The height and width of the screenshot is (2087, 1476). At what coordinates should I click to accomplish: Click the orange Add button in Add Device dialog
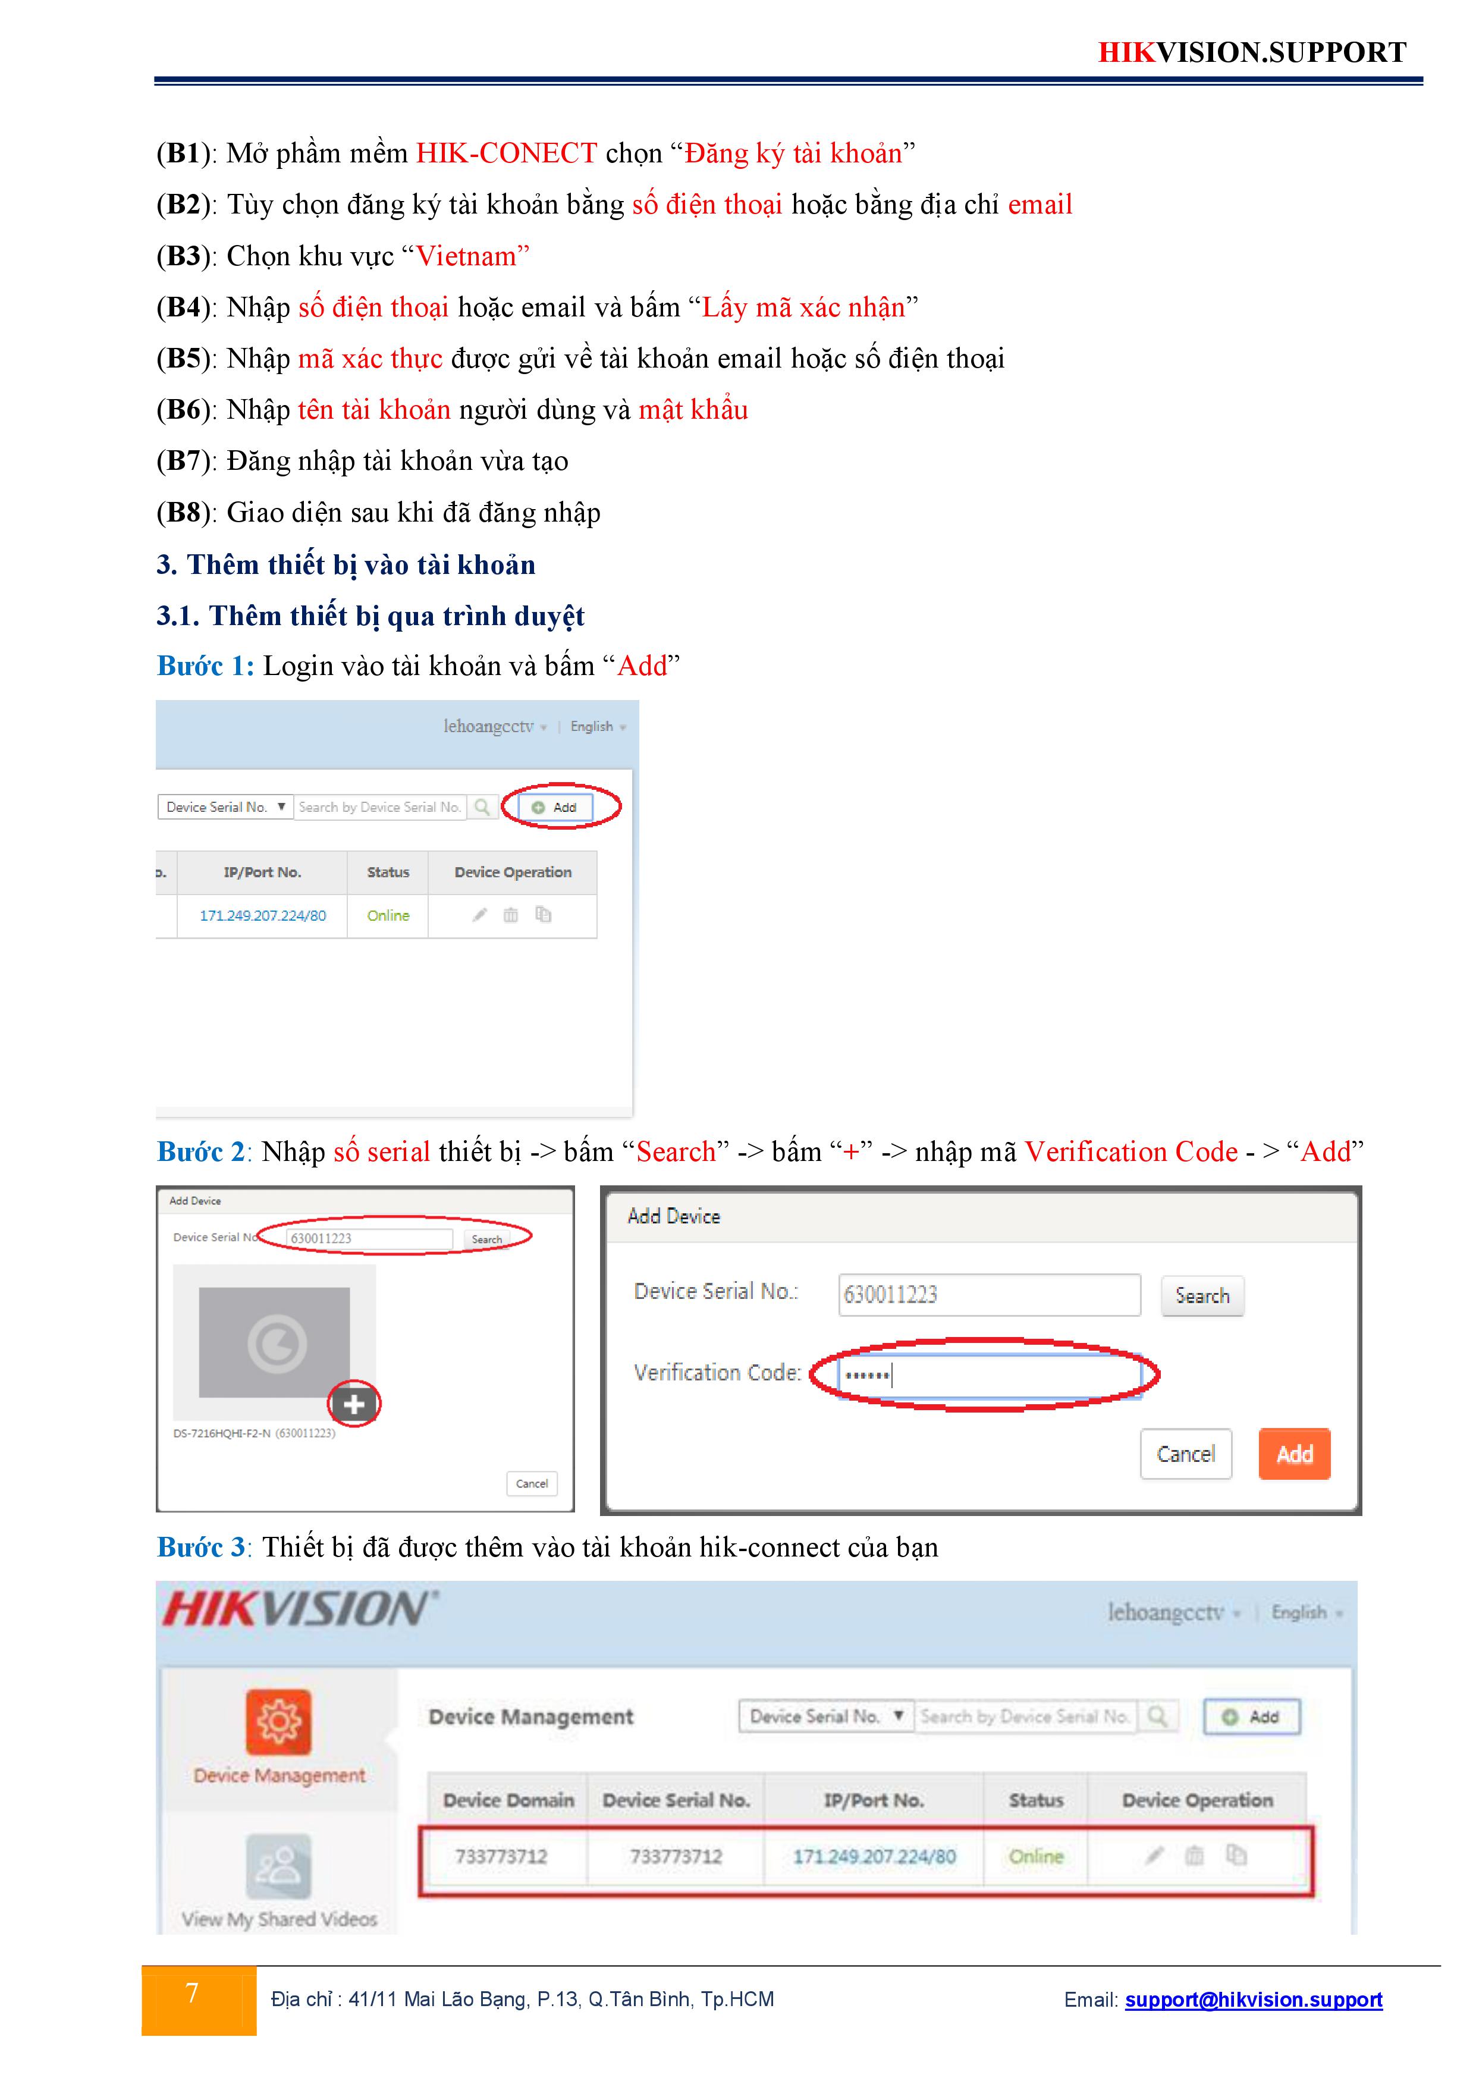pyautogui.click(x=1294, y=1454)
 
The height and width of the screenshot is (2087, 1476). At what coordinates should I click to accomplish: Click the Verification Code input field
pyautogui.click(x=989, y=1374)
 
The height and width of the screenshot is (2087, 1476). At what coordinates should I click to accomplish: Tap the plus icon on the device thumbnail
pyautogui.click(x=354, y=1404)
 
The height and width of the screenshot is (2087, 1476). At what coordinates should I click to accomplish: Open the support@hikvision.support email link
pyautogui.click(x=1254, y=1999)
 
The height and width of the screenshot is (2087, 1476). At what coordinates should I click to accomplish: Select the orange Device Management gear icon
pyautogui.click(x=278, y=1722)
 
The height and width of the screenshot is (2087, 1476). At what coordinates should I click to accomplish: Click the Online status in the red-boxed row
pyautogui.click(x=1036, y=1856)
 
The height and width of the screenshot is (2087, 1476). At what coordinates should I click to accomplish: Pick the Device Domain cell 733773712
pyautogui.click(x=501, y=1856)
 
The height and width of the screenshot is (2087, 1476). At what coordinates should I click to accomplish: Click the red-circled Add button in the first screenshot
pyautogui.click(x=555, y=807)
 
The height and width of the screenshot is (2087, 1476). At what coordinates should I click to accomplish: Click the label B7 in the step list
pyautogui.click(x=184, y=461)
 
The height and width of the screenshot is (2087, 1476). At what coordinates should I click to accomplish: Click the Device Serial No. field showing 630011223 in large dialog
pyautogui.click(x=989, y=1294)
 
